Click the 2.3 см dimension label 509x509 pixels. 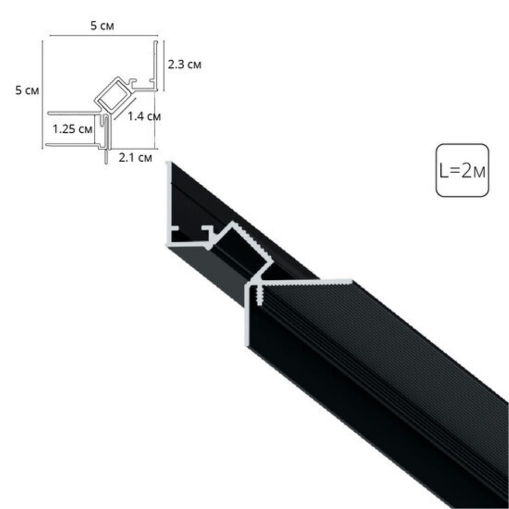(x=184, y=65)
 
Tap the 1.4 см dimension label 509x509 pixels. (x=144, y=116)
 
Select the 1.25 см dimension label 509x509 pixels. (x=72, y=129)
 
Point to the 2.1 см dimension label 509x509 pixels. (x=135, y=158)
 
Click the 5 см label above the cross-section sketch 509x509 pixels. (x=102, y=25)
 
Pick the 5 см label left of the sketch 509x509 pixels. (x=27, y=90)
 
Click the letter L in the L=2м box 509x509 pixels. (x=443, y=170)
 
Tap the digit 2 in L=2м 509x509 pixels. (x=466, y=170)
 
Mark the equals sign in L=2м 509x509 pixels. (x=454, y=171)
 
